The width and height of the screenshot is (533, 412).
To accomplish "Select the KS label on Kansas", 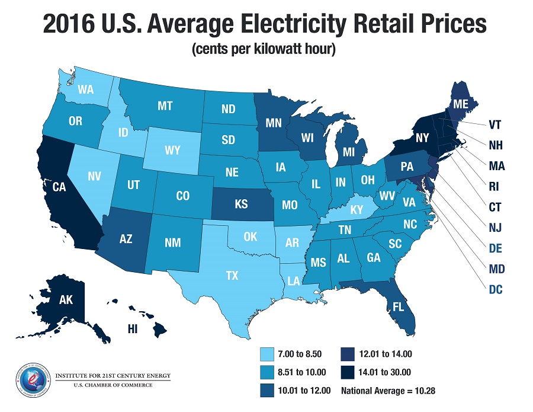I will coord(241,203).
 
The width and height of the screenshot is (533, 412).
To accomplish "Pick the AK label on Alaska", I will coord(49,299).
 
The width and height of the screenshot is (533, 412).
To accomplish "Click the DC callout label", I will coord(496,291).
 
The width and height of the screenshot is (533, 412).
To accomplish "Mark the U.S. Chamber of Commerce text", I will coord(104,385).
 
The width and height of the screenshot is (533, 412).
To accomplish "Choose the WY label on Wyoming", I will coord(172,151).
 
